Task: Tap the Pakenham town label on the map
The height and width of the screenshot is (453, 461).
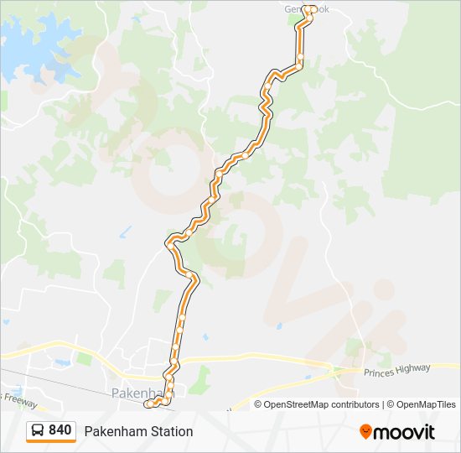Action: point(134,393)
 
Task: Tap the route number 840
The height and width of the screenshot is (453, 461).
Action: point(60,430)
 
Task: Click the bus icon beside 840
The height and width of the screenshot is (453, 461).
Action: point(39,430)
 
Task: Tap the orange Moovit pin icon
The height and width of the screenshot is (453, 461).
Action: point(365,431)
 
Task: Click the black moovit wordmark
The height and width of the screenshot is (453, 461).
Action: point(405,432)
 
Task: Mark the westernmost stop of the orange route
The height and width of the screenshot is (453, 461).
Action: point(149,404)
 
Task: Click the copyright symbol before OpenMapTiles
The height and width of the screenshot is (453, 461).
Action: point(391,404)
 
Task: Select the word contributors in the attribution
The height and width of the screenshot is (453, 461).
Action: point(355,404)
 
